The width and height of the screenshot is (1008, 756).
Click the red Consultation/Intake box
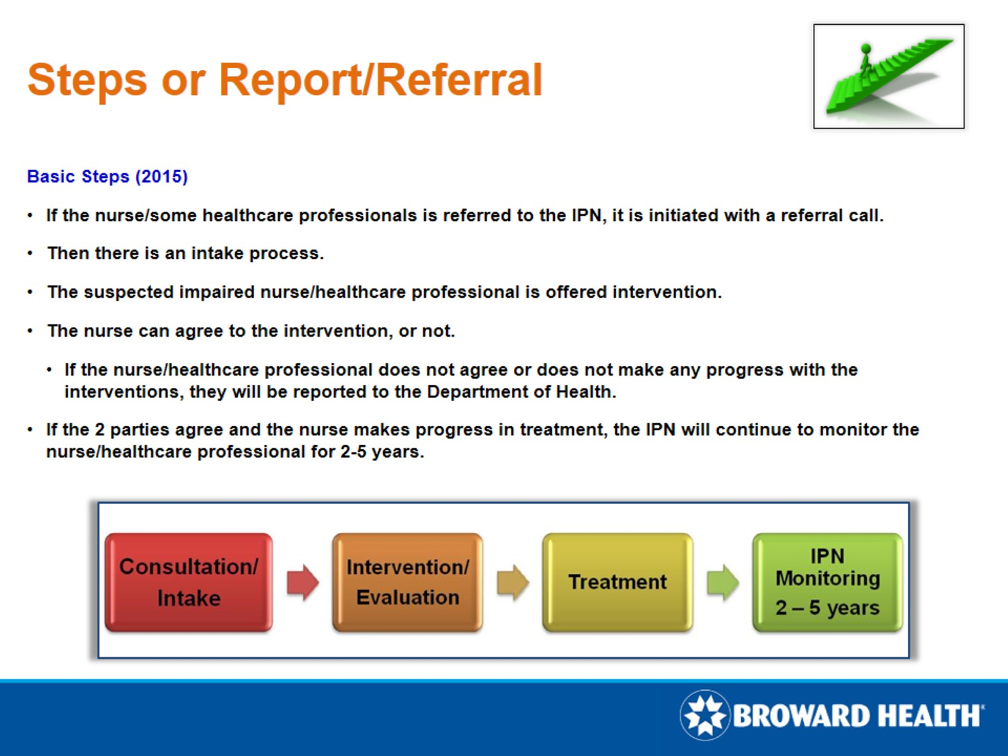[189, 582]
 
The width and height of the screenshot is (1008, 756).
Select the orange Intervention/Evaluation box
[407, 582]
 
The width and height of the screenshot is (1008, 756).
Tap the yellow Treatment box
[617, 582]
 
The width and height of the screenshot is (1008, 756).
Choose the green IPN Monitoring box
[827, 582]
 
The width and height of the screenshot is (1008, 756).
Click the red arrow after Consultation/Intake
[302, 582]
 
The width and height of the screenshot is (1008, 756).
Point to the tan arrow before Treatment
[513, 582]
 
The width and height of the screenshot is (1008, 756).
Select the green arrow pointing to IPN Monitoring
[722, 582]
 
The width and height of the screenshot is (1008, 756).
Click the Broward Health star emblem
[704, 715]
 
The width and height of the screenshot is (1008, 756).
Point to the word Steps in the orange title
[87, 80]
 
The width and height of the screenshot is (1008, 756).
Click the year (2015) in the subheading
[161, 177]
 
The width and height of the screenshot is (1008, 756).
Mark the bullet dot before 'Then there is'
[30, 253]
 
